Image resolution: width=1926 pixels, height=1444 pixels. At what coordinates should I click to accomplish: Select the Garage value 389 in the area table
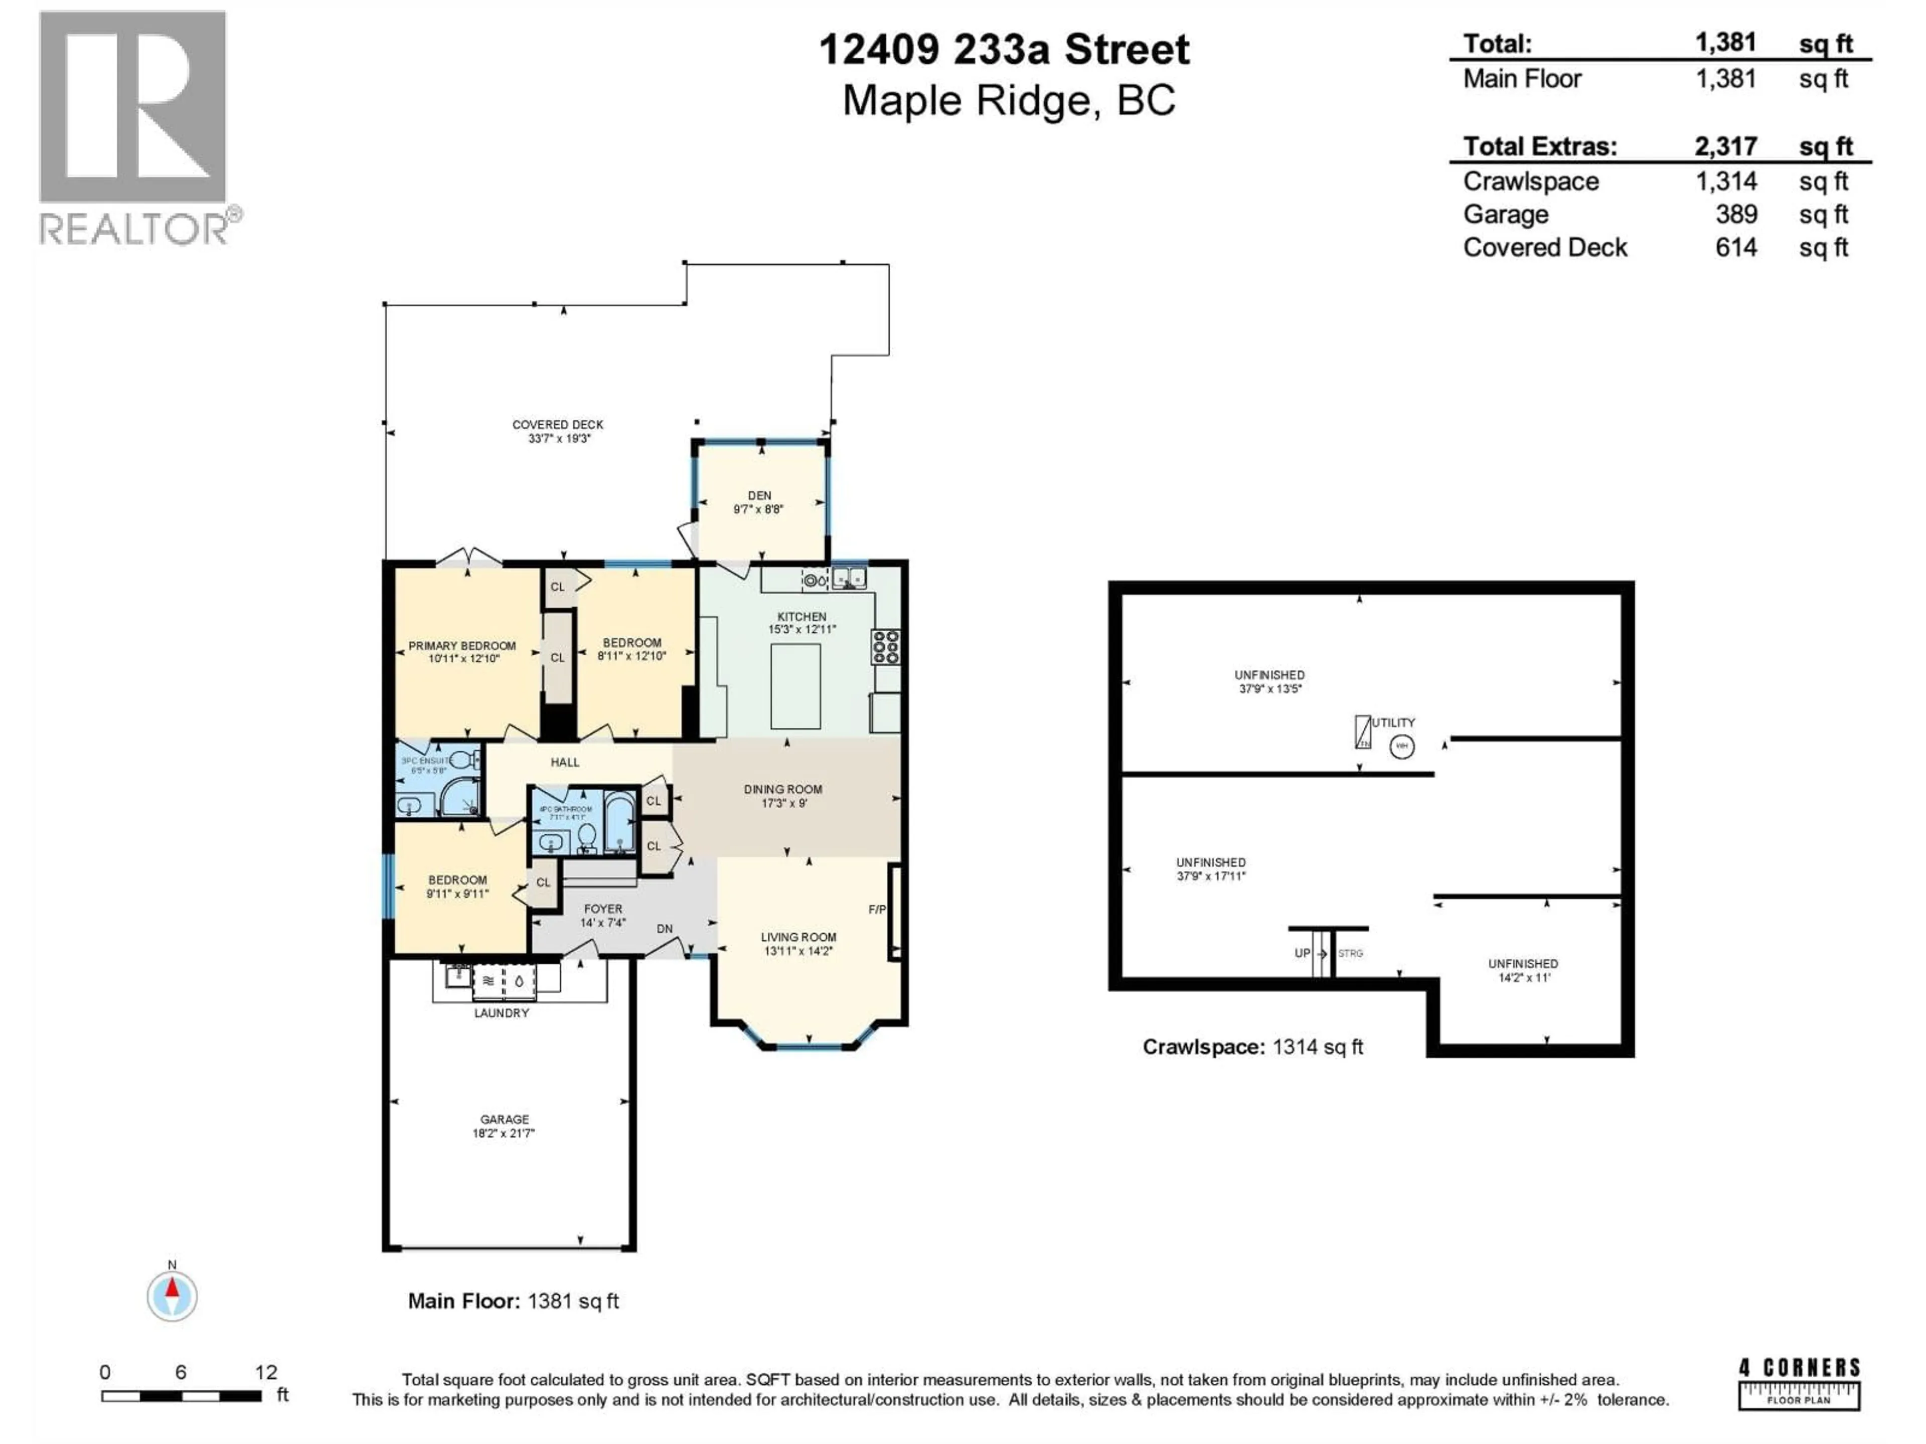pos(1735,214)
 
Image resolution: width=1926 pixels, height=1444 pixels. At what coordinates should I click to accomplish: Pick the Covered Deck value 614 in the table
pos(1735,247)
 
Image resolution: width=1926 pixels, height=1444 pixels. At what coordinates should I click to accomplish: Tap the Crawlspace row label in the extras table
pos(1530,181)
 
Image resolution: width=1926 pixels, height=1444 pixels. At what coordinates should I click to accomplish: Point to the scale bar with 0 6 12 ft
pos(181,1395)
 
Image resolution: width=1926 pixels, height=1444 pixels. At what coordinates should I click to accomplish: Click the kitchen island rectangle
pos(795,686)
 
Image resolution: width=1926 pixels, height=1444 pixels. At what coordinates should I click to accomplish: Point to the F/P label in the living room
pos(877,910)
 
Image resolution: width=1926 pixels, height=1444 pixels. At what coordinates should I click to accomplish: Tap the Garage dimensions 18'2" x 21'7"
pos(503,1133)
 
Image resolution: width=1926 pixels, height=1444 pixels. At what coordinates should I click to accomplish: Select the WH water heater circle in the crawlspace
pos(1401,746)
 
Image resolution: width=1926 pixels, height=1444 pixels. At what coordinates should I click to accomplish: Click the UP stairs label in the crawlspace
pos(1302,953)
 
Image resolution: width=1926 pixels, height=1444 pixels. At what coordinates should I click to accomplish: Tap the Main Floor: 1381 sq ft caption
pos(513,1301)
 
